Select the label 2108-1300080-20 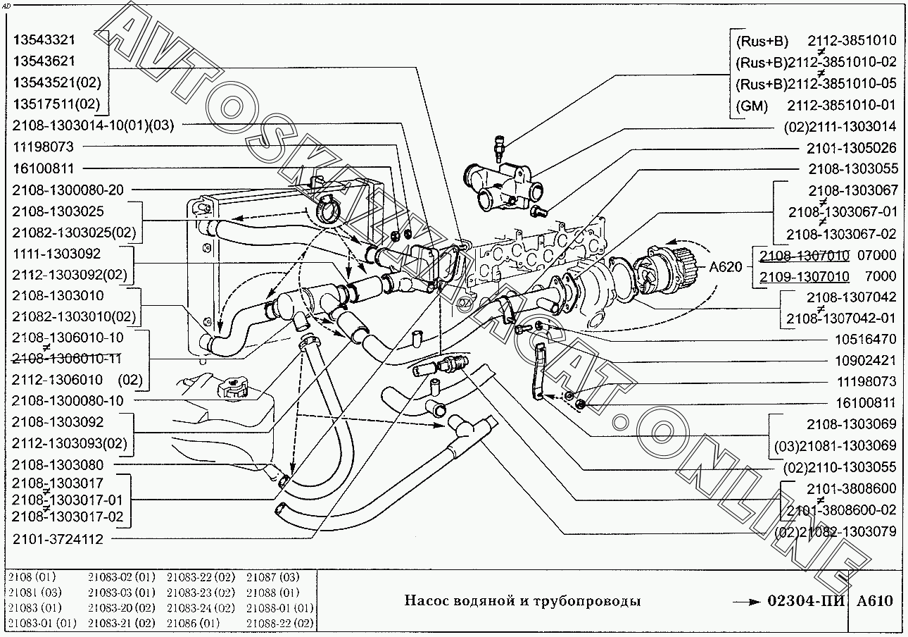68,190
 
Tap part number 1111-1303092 56,253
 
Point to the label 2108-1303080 58,465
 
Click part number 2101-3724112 58,540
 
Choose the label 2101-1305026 851,148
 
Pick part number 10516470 865,339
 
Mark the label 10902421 865,360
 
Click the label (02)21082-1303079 836,532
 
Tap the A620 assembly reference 726,267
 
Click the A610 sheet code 874,601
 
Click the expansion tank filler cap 232,385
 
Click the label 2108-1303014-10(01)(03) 92,125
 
